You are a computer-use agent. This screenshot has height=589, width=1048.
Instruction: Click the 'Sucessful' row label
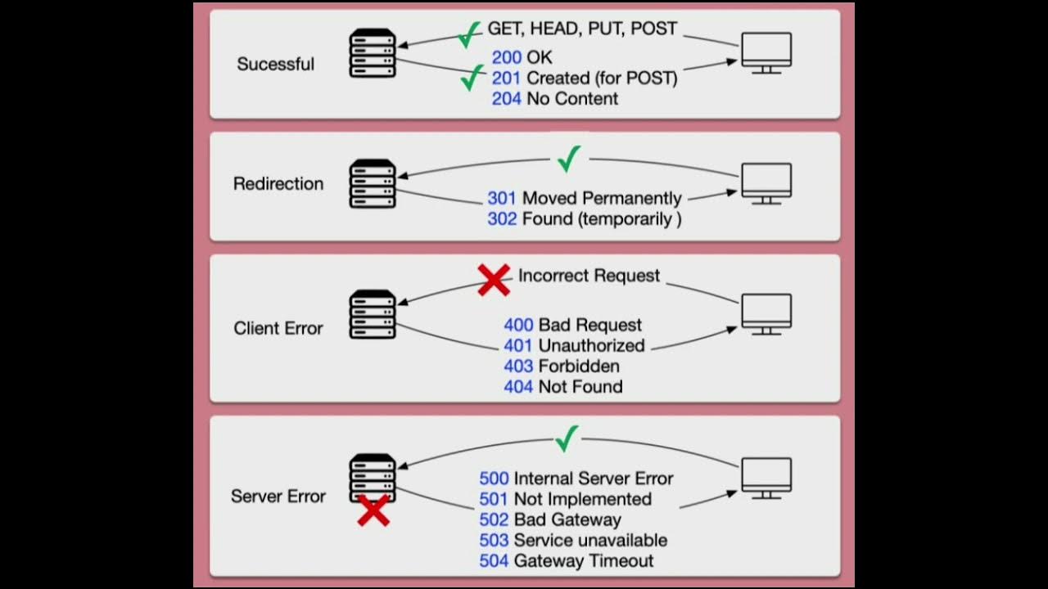point(275,64)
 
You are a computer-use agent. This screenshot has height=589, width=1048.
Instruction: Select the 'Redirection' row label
point(278,184)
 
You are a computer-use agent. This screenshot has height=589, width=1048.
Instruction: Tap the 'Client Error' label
point(278,328)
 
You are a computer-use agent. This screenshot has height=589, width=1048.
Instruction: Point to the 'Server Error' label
point(278,497)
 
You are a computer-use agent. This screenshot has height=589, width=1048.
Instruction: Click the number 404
point(518,387)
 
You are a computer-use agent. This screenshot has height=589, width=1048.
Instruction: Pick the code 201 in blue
point(507,79)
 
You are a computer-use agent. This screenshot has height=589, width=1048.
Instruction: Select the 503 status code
point(495,541)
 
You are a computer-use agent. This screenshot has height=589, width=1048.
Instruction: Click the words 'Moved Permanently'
point(602,199)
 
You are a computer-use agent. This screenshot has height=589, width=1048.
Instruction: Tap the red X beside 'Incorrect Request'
point(494,279)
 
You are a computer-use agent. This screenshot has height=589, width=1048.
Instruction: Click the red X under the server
point(373,510)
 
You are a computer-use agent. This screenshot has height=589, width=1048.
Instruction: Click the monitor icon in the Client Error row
point(766,314)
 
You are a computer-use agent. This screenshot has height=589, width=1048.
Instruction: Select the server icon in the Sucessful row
point(373,54)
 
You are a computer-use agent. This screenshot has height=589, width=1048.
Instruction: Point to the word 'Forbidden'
point(579,366)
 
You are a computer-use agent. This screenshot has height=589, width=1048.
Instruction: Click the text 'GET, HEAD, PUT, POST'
point(583,29)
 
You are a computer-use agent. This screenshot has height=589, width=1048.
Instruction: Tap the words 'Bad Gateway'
point(567,520)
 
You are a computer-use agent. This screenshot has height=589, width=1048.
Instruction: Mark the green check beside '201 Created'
point(472,79)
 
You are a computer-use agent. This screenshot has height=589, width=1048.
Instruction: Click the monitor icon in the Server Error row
point(766,478)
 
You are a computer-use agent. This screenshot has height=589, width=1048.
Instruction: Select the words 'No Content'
point(572,99)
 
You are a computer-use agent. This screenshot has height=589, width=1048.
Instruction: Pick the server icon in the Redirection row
point(373,184)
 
